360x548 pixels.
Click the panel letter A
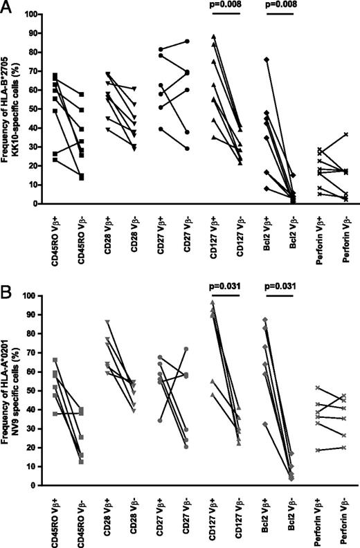pyautogui.click(x=8, y=8)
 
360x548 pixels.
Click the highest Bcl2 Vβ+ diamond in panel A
pyautogui.click(x=266, y=60)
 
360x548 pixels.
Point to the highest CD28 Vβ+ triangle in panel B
pyautogui.click(x=107, y=322)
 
